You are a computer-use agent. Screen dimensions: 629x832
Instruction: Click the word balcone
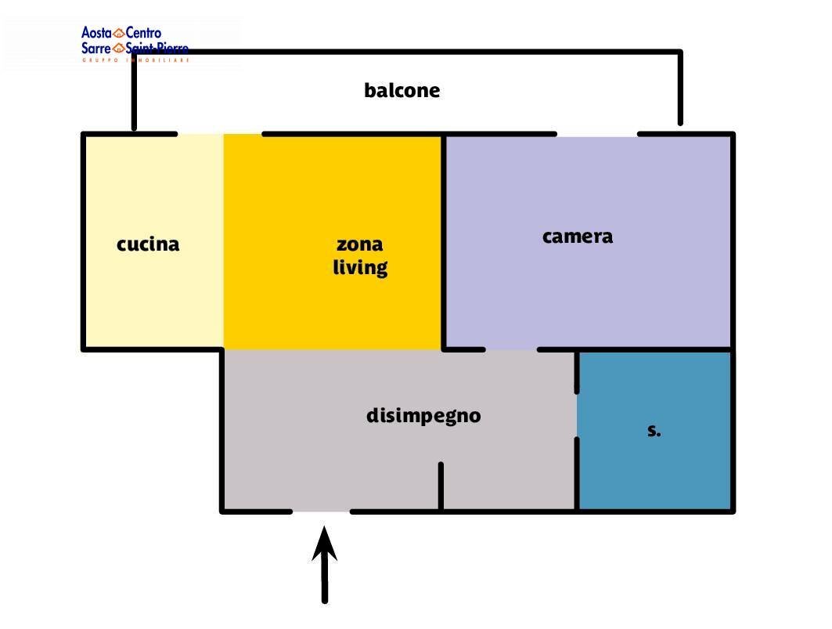[402, 91]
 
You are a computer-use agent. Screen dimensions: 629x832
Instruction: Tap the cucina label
[148, 244]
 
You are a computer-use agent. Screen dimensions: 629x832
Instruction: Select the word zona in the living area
[359, 244]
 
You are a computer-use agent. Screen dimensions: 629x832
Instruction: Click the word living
[360, 268]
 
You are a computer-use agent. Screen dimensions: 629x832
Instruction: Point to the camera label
[577, 237]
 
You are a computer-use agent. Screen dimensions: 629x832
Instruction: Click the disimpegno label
[423, 416]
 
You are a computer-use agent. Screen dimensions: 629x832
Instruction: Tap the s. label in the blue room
[654, 431]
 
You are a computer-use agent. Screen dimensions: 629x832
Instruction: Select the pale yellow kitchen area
[153, 298]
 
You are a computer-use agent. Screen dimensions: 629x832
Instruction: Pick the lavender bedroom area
[587, 290]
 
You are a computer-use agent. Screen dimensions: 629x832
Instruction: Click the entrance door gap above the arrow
[321, 512]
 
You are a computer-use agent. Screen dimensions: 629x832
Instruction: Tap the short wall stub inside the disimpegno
[441, 486]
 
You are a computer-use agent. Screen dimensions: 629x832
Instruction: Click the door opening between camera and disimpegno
[511, 349]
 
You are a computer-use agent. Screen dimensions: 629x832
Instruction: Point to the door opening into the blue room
[578, 415]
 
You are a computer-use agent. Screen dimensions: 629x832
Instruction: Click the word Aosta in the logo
[96, 33]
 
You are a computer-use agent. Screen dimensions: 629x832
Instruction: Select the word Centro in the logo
[143, 33]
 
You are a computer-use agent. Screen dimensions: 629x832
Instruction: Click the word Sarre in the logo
[96, 49]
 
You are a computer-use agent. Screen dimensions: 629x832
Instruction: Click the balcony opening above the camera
[597, 134]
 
